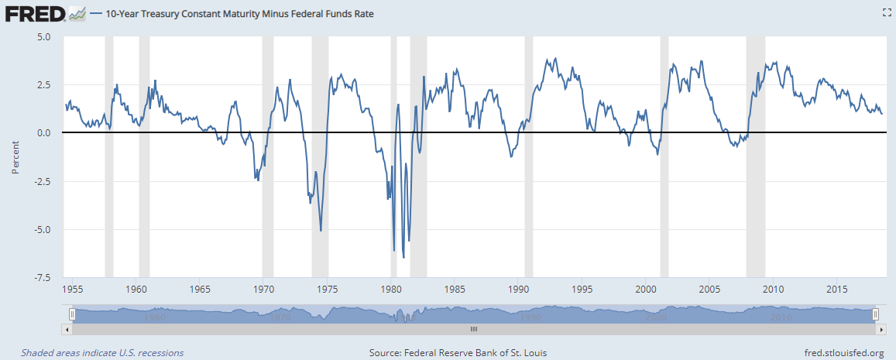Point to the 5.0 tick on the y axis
click(43, 36)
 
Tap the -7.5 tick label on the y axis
click(42, 277)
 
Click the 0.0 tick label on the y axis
click(43, 133)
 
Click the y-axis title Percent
click(15, 156)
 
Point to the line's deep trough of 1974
click(321, 230)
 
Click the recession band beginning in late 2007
click(755, 155)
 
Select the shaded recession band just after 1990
click(530, 155)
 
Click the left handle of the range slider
click(72, 314)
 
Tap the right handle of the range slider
click(875, 314)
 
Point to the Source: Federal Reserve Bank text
click(458, 353)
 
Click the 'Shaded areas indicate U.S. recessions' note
click(102, 353)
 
